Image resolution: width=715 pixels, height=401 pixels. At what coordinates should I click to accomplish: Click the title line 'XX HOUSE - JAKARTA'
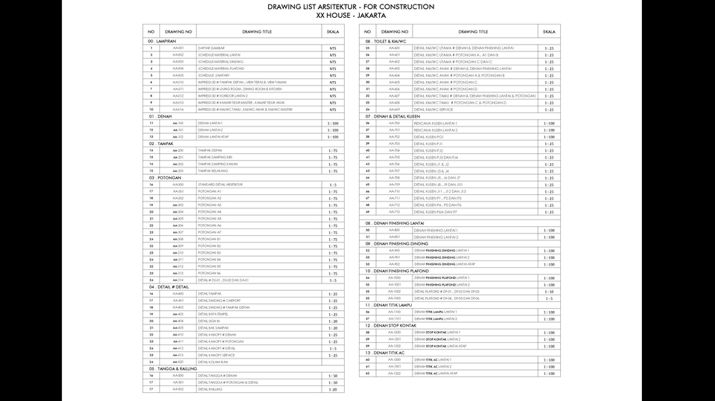(351, 15)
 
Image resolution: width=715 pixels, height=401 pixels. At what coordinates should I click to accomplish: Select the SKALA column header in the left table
(333, 32)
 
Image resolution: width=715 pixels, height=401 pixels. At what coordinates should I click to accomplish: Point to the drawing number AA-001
(178, 48)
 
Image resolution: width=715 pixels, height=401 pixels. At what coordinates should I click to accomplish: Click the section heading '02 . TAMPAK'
(161, 144)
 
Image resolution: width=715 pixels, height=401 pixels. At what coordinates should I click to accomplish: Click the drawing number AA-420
(178, 362)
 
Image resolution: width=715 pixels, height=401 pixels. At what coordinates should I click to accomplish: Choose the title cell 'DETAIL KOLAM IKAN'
(212, 362)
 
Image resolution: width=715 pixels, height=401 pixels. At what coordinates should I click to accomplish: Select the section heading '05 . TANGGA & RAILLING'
(173, 368)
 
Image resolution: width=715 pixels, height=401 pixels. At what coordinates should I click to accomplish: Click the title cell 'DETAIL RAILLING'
(210, 389)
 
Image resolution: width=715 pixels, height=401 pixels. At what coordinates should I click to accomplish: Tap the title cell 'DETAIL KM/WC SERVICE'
(433, 109)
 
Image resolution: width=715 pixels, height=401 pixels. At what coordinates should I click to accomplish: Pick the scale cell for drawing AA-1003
(549, 298)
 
